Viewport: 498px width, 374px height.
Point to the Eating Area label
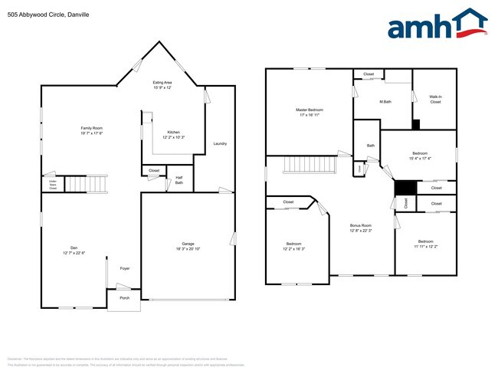(x=162, y=82)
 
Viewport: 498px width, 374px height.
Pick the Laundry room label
(x=220, y=143)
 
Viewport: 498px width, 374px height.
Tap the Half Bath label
(x=179, y=180)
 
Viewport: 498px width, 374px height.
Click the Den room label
(x=74, y=247)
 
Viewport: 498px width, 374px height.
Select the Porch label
(x=124, y=297)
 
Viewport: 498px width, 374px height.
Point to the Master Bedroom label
(x=310, y=110)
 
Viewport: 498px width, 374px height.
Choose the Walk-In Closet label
(x=435, y=99)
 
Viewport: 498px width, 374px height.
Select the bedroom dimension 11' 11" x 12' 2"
(x=425, y=247)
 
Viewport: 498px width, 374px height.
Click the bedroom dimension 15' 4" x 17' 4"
(x=420, y=159)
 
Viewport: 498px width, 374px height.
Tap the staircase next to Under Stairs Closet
(x=78, y=185)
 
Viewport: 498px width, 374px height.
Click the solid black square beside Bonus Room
(x=404, y=188)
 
